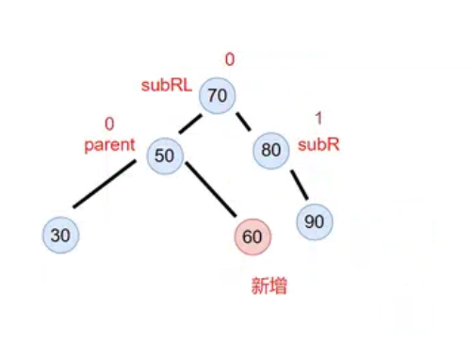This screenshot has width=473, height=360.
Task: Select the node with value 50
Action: tap(165, 155)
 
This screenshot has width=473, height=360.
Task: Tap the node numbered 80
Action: tap(271, 149)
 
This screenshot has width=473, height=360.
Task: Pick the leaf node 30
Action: tap(60, 235)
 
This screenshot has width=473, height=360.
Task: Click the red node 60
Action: tap(252, 237)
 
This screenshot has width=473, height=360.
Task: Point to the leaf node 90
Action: tap(314, 222)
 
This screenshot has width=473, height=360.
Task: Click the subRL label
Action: tap(167, 85)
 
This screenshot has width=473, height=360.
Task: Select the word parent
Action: tap(110, 146)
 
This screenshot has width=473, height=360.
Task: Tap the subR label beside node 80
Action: tap(318, 145)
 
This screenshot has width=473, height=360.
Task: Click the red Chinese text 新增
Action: tap(268, 286)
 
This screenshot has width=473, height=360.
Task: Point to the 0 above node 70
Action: tap(229, 59)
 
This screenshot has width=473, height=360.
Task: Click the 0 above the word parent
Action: tap(108, 123)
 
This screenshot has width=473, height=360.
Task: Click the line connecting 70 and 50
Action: tap(192, 125)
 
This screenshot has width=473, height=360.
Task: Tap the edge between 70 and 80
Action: tap(243, 122)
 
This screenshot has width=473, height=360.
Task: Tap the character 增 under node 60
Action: tap(277, 286)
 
